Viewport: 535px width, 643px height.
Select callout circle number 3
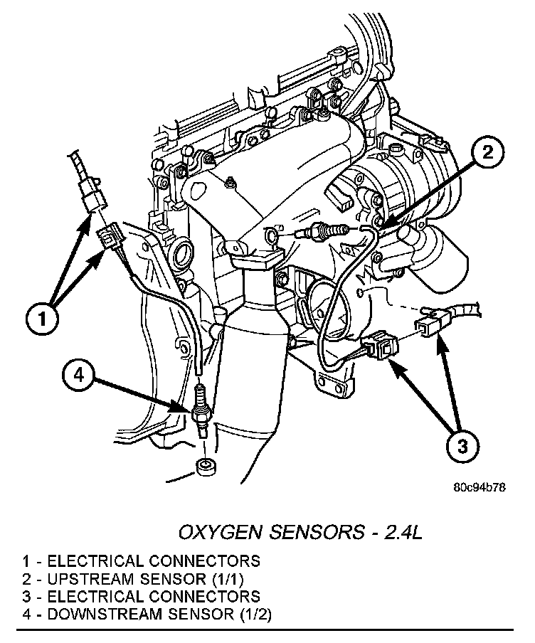click(462, 447)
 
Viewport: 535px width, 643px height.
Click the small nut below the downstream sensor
click(207, 468)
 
